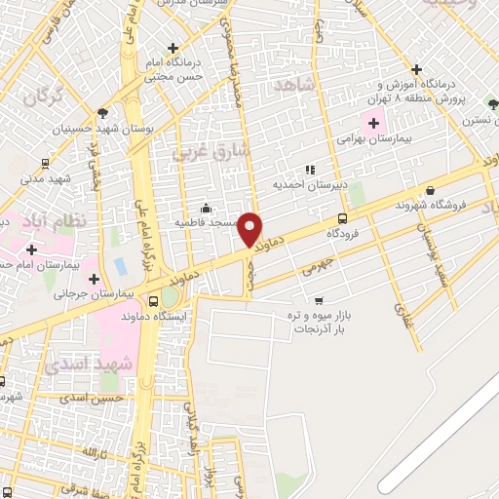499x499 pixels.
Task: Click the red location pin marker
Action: [x=251, y=228]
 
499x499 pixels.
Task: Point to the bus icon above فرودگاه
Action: [x=341, y=218]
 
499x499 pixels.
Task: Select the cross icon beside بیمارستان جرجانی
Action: [x=94, y=279]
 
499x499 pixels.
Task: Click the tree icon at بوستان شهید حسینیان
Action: [x=103, y=113]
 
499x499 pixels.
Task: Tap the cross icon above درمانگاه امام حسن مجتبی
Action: [x=173, y=47]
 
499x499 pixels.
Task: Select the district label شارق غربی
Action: [x=211, y=152]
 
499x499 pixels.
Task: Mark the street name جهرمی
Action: [x=317, y=265]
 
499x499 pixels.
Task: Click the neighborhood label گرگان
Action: [x=41, y=97]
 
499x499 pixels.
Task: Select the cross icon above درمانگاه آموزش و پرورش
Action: [x=416, y=69]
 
